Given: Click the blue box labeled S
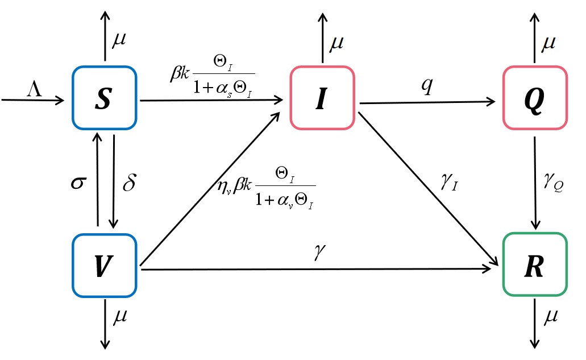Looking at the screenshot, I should [x=105, y=97].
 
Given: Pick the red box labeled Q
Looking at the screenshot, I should [x=535, y=97].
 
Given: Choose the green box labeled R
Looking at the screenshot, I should [x=535, y=264].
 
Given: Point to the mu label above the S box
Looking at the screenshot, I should [x=119, y=41].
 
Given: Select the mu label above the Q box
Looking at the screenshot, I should [x=548, y=42].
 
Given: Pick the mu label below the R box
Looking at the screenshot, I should [x=550, y=317].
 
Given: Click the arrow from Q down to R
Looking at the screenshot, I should [x=534, y=182].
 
